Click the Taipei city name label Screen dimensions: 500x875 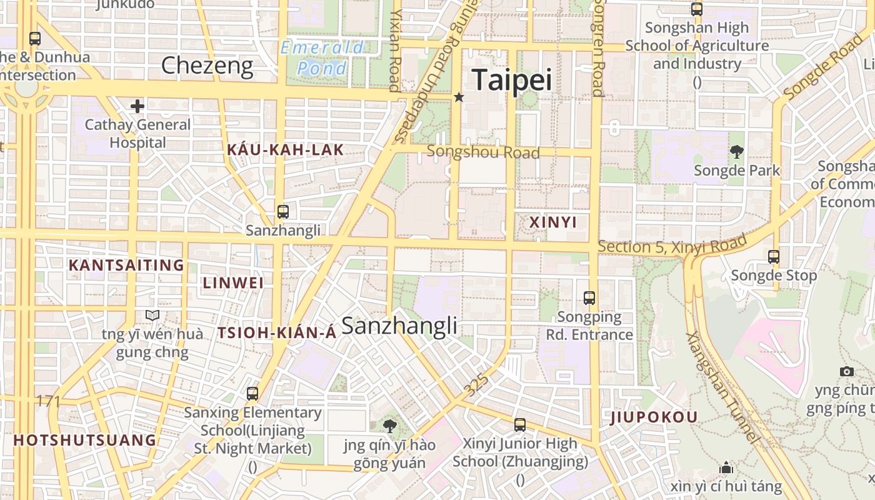click(512, 81)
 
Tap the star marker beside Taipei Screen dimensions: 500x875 click(459, 97)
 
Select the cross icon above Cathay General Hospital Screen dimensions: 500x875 click(137, 106)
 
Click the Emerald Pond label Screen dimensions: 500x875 click(322, 57)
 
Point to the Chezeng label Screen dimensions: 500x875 click(207, 66)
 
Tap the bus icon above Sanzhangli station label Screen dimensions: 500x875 click(283, 212)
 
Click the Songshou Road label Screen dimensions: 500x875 click(483, 152)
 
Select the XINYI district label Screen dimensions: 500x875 click(553, 222)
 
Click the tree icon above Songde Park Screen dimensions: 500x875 click(737, 151)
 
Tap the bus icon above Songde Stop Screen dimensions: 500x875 click(774, 256)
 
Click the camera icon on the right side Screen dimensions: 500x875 click(847, 371)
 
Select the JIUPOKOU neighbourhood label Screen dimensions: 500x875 click(654, 417)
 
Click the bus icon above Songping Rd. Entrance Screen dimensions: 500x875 click(589, 298)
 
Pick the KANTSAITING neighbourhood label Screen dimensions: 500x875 click(126, 265)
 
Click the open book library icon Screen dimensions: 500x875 click(152, 315)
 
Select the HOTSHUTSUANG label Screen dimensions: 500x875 click(85, 440)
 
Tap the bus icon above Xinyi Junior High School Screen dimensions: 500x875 click(520, 425)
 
